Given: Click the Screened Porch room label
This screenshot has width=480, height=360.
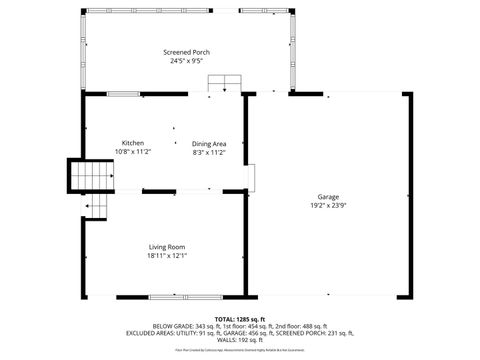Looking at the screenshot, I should coord(187,52).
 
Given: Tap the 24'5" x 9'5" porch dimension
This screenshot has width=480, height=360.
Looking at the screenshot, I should coord(187,60).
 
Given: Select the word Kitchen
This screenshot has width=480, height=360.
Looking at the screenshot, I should coord(134,143).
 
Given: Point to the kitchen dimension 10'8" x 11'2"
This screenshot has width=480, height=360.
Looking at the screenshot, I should coord(134,152).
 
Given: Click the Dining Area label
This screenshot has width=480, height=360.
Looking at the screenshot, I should coord(209,143).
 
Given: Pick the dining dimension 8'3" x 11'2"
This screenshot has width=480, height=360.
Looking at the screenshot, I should coord(209,152).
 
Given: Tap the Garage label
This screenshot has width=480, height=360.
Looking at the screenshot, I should coord(328,196).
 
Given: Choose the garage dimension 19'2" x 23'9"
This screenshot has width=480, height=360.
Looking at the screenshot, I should coord(328,205).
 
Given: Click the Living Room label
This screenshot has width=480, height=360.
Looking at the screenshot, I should coord(167,246).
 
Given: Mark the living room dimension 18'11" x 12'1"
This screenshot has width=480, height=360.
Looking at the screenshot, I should coord(167,255).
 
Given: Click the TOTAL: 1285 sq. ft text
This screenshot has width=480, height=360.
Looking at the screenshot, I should coord(240,319).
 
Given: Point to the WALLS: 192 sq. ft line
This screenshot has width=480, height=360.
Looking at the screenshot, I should coord(240,340).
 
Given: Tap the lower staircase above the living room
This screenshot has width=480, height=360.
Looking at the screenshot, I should coord(96,207).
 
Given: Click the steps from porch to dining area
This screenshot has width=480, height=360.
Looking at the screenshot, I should coord(225,84).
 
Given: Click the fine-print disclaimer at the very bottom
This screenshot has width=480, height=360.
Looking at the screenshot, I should coord(240,351).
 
